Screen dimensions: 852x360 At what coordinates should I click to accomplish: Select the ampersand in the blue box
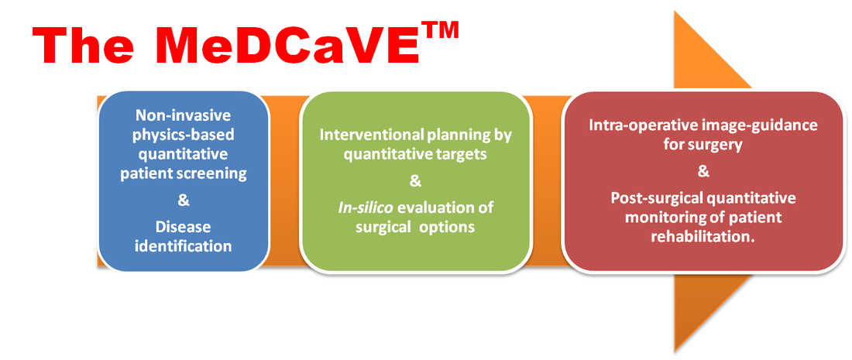184,201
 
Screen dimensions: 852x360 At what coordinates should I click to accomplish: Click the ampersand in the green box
415,181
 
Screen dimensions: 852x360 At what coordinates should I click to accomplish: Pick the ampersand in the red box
703,172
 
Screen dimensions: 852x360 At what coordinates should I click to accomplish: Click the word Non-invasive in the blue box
184,115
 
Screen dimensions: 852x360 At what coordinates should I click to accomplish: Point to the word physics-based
184,135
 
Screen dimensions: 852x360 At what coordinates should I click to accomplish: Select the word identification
184,246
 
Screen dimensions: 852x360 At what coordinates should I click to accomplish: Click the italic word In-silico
353,207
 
